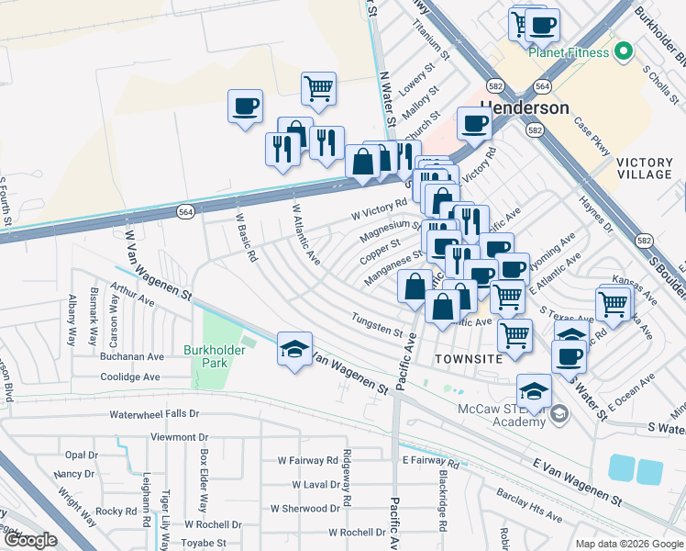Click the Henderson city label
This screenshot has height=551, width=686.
point(526,107)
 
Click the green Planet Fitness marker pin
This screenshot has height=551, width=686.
point(625,51)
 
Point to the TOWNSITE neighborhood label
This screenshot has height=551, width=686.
point(469,358)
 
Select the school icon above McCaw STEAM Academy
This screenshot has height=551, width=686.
point(534,391)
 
